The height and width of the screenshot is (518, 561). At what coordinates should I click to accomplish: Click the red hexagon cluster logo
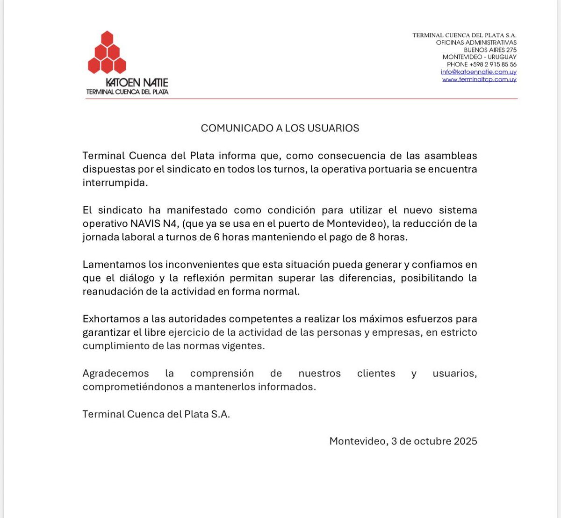click(x=107, y=52)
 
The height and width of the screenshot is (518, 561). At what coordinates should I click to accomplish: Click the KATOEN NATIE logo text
click(x=137, y=82)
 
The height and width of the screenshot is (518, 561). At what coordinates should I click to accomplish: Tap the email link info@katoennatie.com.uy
click(x=478, y=72)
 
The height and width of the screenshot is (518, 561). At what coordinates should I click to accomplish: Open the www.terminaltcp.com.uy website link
click(x=479, y=79)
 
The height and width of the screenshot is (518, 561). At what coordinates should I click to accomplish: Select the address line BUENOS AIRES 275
click(x=490, y=50)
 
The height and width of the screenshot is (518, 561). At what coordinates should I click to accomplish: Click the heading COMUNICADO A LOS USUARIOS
click(x=280, y=128)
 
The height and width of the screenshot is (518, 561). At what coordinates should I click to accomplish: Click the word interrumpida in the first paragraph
click(x=115, y=183)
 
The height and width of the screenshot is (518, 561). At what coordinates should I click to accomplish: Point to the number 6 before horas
click(x=217, y=237)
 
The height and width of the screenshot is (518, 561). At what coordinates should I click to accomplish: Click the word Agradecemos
click(x=115, y=374)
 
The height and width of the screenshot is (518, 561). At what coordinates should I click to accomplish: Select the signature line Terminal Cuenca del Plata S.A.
click(x=156, y=414)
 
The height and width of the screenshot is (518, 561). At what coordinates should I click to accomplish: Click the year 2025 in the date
click(x=465, y=441)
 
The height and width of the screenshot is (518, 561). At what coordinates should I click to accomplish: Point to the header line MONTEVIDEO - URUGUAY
click(x=480, y=57)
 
